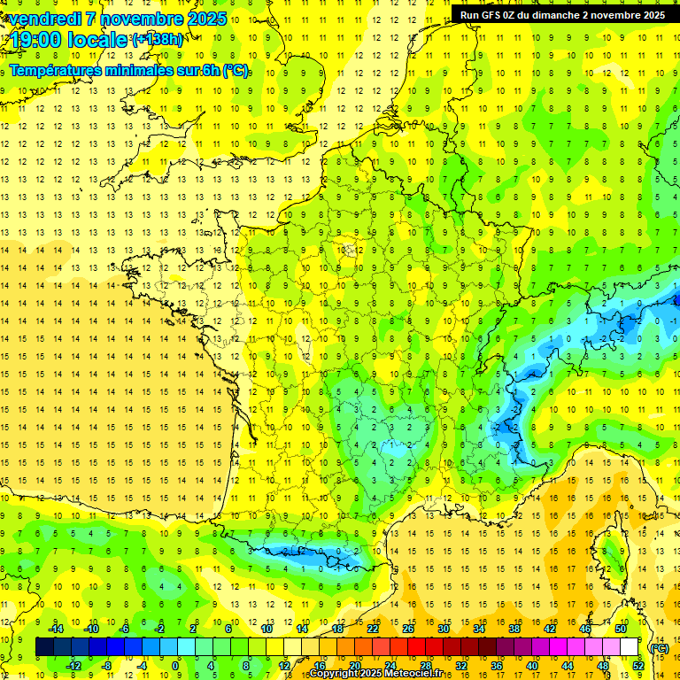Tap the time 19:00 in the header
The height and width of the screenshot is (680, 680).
tap(38, 40)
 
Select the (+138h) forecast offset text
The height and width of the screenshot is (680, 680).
tap(158, 40)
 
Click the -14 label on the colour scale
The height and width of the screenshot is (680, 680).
tap(57, 629)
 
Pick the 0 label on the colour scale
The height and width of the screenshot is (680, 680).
tap(175, 666)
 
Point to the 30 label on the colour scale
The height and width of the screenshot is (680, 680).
tap(444, 629)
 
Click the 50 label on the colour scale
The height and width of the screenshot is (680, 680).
tap(620, 629)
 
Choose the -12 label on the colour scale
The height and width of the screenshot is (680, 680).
tap(73, 666)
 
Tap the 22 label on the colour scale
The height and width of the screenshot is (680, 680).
tap(373, 629)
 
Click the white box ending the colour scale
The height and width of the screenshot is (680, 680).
tap(630, 647)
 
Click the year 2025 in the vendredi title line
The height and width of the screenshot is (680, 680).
tap(206, 19)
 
